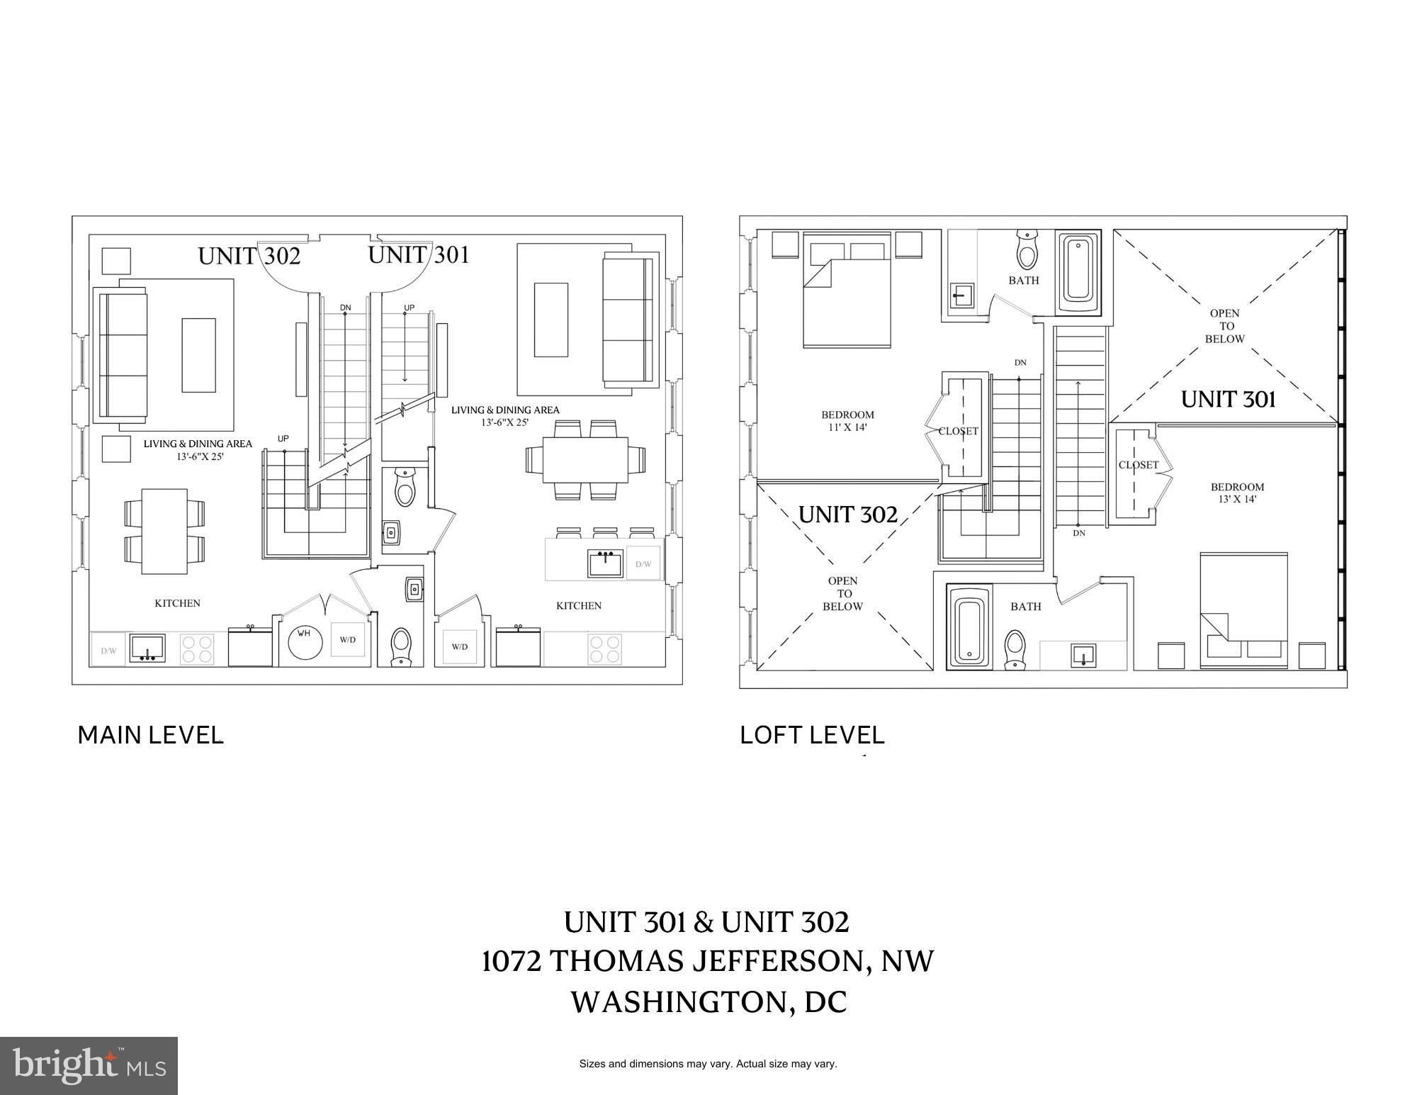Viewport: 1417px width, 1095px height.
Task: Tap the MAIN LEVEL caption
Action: tap(150, 735)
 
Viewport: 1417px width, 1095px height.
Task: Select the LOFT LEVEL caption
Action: tap(812, 735)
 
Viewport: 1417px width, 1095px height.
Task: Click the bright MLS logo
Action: tap(89, 1066)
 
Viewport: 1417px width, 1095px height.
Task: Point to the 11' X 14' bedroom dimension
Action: tap(847, 427)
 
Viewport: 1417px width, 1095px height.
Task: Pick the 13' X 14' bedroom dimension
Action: tap(1237, 499)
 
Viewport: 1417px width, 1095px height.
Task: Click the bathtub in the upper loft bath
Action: tap(1078, 271)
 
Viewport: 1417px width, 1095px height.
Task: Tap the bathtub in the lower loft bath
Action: tap(969, 629)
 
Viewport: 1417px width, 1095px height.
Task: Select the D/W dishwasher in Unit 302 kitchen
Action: tap(108, 650)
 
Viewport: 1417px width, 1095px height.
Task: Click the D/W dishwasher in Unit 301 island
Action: tap(643, 563)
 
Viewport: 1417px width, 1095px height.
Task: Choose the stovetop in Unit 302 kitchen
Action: tap(196, 648)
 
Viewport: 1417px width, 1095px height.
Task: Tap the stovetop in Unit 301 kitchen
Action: tap(604, 650)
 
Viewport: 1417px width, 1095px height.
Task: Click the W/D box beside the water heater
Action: tap(348, 640)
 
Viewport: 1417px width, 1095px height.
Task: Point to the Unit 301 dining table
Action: tap(585, 460)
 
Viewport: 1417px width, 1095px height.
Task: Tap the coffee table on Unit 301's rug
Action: tap(551, 320)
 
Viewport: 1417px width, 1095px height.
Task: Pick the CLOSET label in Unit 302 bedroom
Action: tap(959, 431)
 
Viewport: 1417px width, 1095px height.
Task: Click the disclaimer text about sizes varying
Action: tap(708, 1064)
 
